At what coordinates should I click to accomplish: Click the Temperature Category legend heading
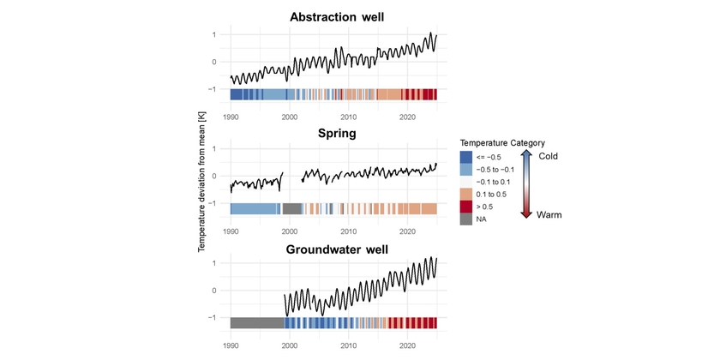tap(502, 142)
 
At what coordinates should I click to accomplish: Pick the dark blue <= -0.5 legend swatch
tap(466, 157)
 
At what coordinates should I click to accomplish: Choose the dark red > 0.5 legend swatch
tap(466, 207)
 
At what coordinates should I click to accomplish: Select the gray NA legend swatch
tap(466, 219)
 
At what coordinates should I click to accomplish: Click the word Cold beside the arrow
tap(548, 156)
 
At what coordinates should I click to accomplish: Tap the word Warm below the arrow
tap(549, 216)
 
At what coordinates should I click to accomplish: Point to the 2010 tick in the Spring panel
tap(349, 231)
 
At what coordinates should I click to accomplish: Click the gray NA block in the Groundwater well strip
tap(257, 322)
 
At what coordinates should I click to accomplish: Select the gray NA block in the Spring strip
tap(292, 208)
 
